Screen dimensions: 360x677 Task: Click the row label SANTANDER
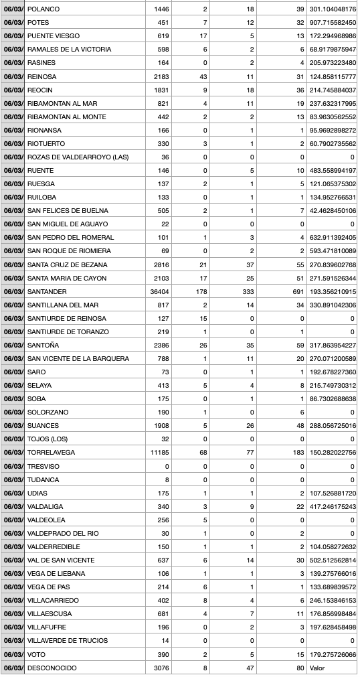[x=47, y=291]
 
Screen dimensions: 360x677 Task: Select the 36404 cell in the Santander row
[x=159, y=291]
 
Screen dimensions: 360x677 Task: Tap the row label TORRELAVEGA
[x=51, y=453]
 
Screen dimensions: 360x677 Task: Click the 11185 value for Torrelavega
[x=159, y=453]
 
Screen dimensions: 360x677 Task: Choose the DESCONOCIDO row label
[x=52, y=668]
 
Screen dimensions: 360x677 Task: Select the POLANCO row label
[x=43, y=9]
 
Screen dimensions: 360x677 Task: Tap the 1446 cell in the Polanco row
[x=161, y=9]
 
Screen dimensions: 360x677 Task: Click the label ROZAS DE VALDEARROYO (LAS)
[x=78, y=157]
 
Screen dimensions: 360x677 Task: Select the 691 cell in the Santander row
[x=297, y=291]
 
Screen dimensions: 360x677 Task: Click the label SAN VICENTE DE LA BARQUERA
[x=78, y=358]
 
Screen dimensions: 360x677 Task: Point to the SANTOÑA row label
[x=43, y=345]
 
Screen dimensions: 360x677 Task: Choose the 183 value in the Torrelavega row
[x=298, y=453]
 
